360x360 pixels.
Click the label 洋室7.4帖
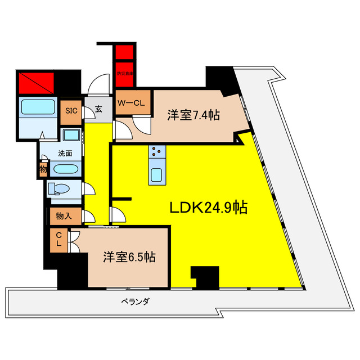[193, 115]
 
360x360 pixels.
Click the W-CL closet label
[133, 103]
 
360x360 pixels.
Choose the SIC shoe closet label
[71, 110]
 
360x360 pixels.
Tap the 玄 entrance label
[98, 110]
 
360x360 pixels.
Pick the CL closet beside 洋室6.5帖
[58, 240]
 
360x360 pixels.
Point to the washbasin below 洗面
[66, 169]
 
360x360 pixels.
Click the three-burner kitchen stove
[156, 152]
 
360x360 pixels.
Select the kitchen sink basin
[156, 175]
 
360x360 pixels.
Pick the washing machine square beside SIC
[71, 135]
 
